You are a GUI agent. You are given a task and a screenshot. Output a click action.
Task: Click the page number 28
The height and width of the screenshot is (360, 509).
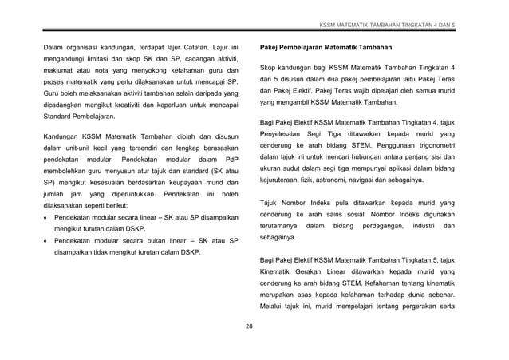click(249, 326)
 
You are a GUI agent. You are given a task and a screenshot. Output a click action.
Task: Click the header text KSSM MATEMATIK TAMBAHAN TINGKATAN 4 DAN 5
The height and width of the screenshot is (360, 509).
click(387, 26)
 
